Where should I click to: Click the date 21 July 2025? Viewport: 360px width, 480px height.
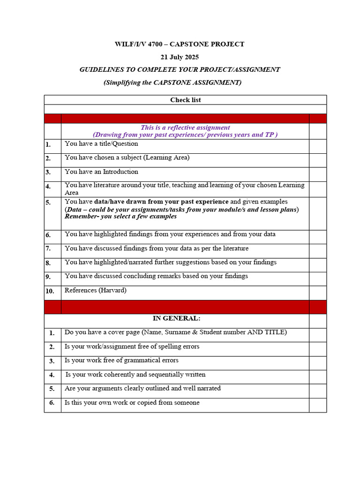point(180,57)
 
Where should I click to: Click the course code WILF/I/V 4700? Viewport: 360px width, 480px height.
point(138,45)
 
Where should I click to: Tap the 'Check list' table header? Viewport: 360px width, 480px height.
point(185,100)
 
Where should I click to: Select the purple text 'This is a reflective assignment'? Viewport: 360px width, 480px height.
point(185,127)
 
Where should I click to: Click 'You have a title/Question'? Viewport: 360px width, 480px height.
point(101,144)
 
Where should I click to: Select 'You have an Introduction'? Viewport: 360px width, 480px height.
point(101,172)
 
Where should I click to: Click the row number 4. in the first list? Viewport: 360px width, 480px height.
point(48,187)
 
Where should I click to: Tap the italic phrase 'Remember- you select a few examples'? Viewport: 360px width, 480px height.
point(120,217)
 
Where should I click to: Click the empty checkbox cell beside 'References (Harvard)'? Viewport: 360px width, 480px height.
point(317,292)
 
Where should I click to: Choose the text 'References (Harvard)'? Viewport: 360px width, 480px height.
point(96,290)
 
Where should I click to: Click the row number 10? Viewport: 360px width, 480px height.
point(50,291)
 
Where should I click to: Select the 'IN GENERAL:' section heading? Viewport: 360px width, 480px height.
point(176,318)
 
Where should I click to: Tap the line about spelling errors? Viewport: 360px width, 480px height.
point(132,346)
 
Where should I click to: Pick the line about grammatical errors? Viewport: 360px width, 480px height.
point(121,360)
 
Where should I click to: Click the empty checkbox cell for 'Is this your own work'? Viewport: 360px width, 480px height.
point(317,405)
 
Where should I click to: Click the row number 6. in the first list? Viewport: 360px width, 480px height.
point(48,235)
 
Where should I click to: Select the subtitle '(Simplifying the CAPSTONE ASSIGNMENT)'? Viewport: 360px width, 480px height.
point(172,82)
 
